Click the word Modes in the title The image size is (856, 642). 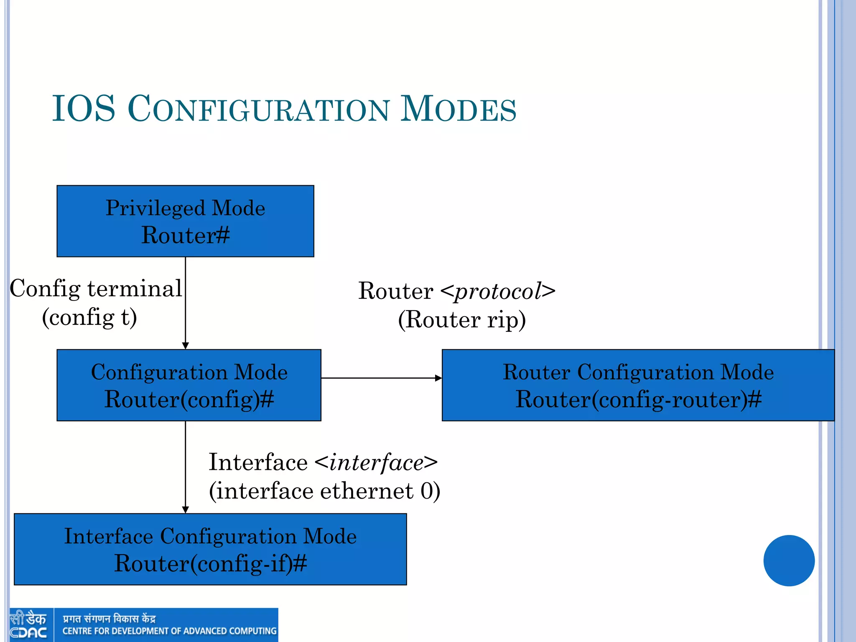[x=458, y=110]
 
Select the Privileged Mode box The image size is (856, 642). [x=185, y=221]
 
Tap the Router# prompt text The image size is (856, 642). [x=185, y=235]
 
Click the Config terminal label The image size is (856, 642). [x=96, y=288]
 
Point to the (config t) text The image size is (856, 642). [x=89, y=317]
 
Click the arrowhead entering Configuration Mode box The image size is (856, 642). [x=185, y=346]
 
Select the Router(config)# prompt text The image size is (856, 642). [x=189, y=399]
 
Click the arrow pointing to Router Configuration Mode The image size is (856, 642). [x=438, y=378]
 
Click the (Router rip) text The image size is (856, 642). [x=462, y=320]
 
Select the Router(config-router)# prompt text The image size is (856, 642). [x=638, y=399]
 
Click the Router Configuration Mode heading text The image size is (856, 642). [x=638, y=372]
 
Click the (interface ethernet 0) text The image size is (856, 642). [x=324, y=491]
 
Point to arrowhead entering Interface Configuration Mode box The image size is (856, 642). [x=185, y=510]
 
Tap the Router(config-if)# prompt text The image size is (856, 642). [x=210, y=563]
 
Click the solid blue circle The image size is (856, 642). [x=789, y=560]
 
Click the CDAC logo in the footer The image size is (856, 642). [x=28, y=625]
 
